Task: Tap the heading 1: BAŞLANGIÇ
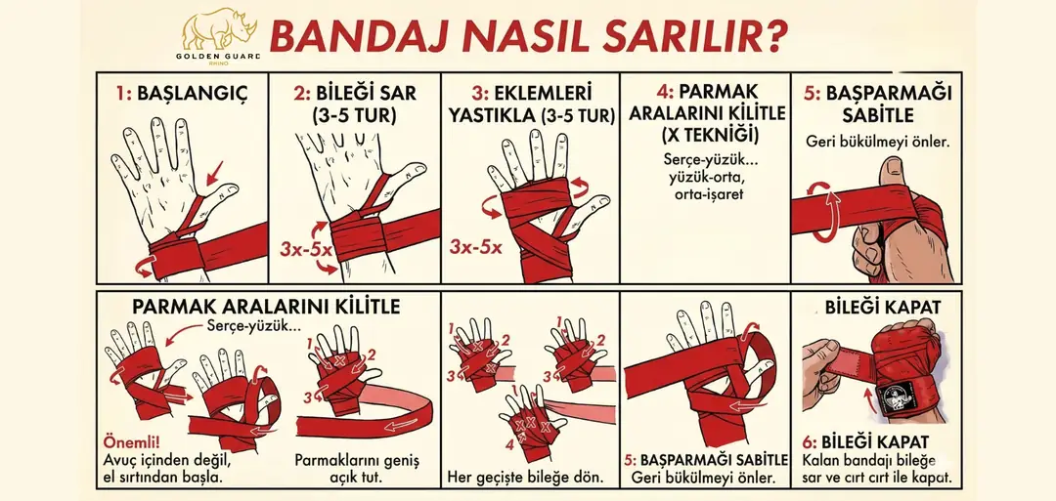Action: point(181,94)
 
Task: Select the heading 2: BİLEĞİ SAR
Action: point(355,94)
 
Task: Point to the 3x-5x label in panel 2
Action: point(306,249)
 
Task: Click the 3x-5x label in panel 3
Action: point(476,247)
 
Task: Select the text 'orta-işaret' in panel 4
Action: point(704,194)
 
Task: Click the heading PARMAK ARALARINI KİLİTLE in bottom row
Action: point(266,307)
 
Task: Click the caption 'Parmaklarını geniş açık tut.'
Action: point(357,470)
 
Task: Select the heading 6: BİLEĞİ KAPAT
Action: point(865,442)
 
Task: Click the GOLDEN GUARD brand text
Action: point(217,57)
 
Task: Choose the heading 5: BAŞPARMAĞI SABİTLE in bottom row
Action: point(706,461)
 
